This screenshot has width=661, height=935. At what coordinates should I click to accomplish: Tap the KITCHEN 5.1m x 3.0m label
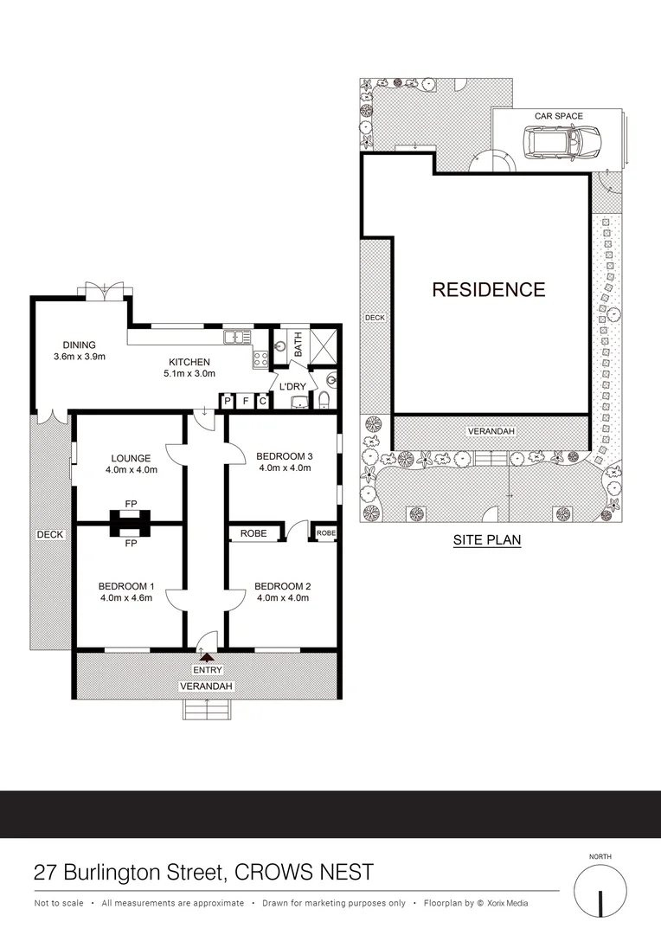click(x=189, y=368)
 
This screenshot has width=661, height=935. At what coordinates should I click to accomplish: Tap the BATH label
click(x=298, y=344)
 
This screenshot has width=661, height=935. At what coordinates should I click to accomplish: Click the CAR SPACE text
click(x=558, y=116)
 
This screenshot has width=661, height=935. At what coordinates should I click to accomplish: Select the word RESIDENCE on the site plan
click(x=489, y=290)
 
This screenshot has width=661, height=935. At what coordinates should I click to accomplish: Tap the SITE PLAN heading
click(x=486, y=540)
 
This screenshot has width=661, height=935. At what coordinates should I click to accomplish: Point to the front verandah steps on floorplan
click(x=208, y=709)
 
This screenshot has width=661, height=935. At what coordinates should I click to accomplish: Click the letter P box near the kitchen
click(x=228, y=401)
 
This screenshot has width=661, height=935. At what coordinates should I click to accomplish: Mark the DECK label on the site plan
click(x=375, y=318)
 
